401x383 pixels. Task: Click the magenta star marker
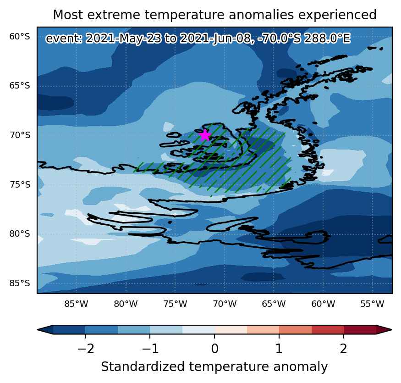205,135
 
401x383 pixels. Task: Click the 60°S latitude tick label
20,37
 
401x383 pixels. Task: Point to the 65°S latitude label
20,85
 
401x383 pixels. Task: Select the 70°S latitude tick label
20,135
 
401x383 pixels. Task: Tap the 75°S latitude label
20,184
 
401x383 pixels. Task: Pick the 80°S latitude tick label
20,234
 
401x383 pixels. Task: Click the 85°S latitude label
20,283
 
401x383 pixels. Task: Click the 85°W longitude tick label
76,304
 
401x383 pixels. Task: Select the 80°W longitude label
126,304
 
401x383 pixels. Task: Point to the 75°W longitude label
175,304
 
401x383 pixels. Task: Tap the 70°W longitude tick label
225,304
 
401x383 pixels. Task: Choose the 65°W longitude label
274,304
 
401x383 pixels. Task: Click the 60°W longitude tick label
323,304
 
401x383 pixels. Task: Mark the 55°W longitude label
372,304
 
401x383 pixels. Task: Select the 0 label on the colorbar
215,349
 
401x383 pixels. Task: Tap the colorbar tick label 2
343,349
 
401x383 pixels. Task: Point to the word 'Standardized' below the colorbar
143,366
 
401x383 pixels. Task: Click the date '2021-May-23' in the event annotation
123,39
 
